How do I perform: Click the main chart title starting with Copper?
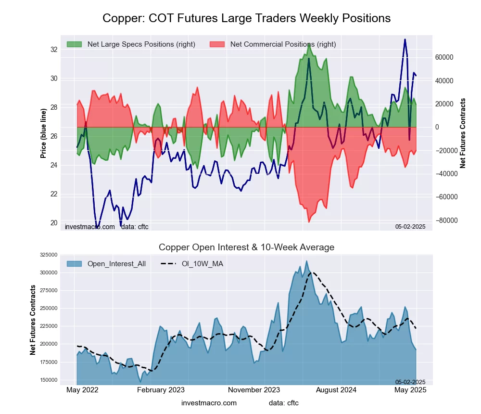tap(246, 18)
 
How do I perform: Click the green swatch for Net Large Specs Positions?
tap(75, 44)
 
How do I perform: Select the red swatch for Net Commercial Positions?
tap(217, 44)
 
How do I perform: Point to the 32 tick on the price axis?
tap(53, 50)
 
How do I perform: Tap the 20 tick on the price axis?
tap(53, 223)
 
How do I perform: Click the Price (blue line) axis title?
tap(43, 133)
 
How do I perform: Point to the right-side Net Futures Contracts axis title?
tap(463, 133)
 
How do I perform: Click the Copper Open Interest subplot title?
tap(246, 247)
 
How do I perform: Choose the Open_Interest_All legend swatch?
tap(75, 264)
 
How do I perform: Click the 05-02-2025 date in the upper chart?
tap(410, 226)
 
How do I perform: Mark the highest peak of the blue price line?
tap(405, 39)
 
